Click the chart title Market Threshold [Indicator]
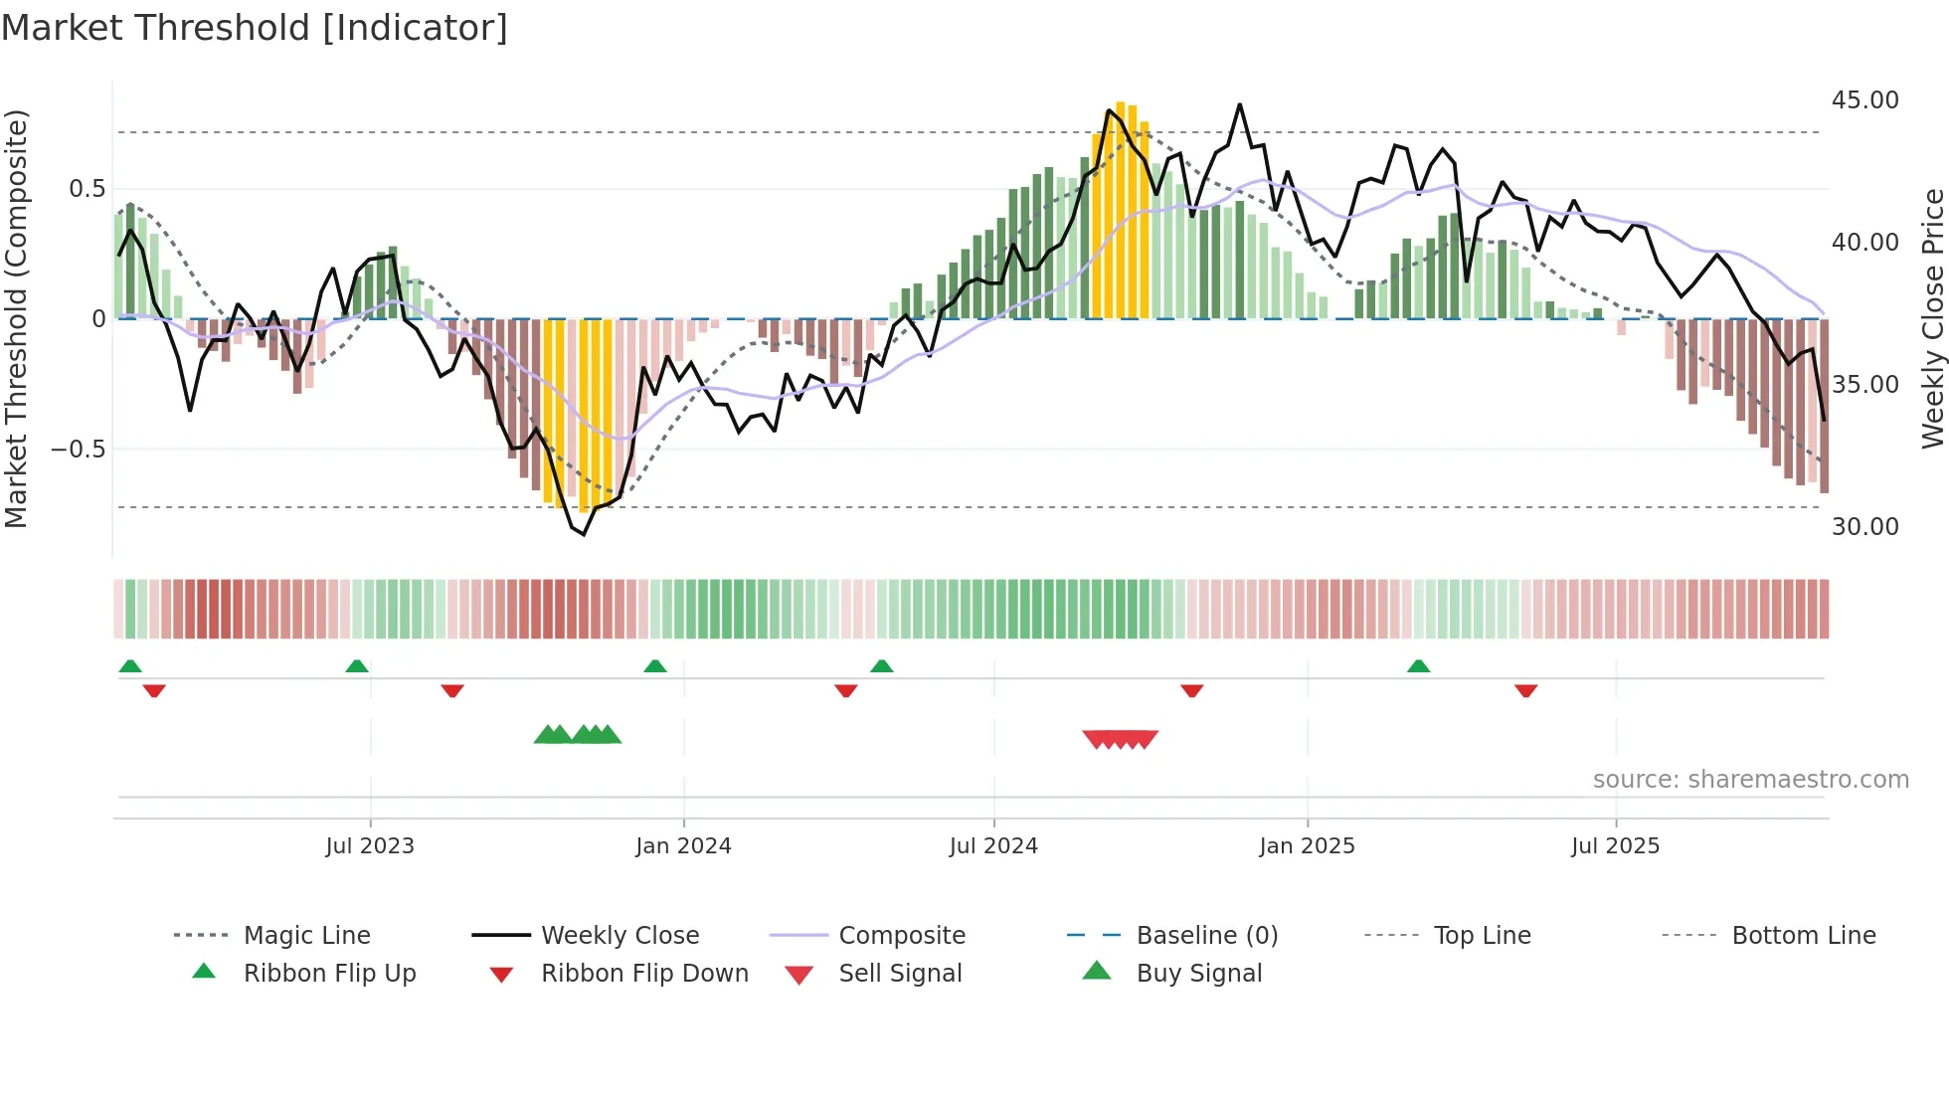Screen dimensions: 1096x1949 click(255, 28)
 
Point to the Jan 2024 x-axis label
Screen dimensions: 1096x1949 click(683, 846)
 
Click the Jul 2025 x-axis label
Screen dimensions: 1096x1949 click(1615, 846)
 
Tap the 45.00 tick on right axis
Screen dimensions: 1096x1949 click(1864, 100)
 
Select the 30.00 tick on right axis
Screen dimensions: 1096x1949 click(1864, 527)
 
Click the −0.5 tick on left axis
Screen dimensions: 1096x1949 click(78, 450)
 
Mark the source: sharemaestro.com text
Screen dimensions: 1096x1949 click(1750, 780)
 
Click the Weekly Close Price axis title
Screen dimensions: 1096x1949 click(1932, 318)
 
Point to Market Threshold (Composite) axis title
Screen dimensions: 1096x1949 click(16, 318)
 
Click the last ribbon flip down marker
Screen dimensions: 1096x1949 click(1525, 690)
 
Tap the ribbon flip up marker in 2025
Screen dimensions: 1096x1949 click(1418, 666)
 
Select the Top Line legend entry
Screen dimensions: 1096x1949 click(1482, 936)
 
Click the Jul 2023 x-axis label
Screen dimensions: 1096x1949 click(369, 846)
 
